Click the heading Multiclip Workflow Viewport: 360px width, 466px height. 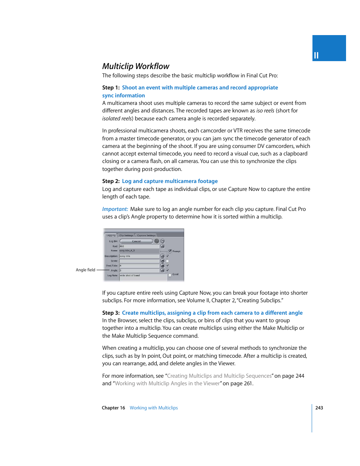point(135,66)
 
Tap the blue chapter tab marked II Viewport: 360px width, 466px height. point(329,48)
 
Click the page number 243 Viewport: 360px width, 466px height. point(319,408)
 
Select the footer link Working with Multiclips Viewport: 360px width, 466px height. point(154,408)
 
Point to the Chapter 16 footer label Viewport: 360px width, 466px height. point(113,408)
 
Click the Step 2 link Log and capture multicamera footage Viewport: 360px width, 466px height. point(169,181)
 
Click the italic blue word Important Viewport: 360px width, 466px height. point(115,209)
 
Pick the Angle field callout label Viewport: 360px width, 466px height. point(85,270)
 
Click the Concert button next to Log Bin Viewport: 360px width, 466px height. point(136,241)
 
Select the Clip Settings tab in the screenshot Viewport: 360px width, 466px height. point(126,235)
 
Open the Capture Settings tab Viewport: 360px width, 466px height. point(146,235)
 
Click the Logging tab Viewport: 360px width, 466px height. point(111,235)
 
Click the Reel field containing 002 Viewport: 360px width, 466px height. point(139,246)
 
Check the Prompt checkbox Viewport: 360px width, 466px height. point(170,251)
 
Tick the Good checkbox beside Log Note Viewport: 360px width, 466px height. point(170,275)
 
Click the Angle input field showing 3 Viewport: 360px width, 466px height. point(139,271)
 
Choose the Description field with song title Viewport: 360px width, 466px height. point(139,256)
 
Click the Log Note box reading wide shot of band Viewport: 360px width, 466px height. point(143,277)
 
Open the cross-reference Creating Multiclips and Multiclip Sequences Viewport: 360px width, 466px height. point(219,376)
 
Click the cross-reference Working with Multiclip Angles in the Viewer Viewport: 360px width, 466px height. point(167,384)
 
